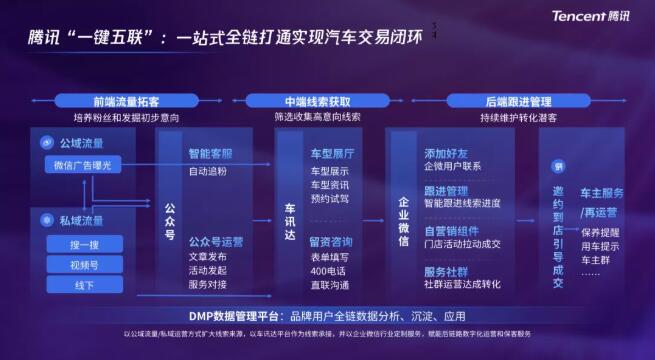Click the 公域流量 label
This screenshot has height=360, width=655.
pos(79,143)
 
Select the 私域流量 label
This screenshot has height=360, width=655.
pos(79,220)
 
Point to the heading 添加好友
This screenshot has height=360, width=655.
pos(446,154)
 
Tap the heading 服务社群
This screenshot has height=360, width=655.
pos(446,270)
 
